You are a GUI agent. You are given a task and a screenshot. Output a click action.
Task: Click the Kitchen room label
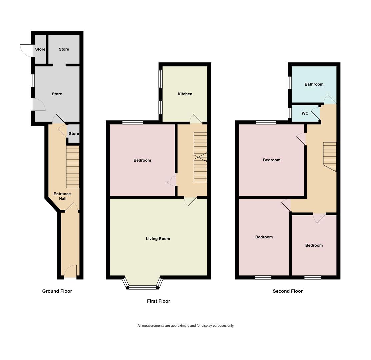pyautogui.click(x=185, y=94)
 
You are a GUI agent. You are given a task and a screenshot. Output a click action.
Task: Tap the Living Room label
pyautogui.click(x=158, y=239)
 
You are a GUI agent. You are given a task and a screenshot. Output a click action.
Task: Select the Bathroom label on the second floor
pyautogui.click(x=314, y=84)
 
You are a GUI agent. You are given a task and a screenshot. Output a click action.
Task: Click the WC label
pyautogui.click(x=305, y=113)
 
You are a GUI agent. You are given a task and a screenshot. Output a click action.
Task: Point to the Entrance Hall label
pyautogui.click(x=62, y=196)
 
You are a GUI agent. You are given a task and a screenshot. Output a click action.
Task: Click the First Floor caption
pyautogui.click(x=158, y=301)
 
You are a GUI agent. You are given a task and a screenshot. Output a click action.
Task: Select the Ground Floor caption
pyautogui.click(x=57, y=291)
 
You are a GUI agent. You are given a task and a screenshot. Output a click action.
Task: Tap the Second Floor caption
pyautogui.click(x=287, y=291)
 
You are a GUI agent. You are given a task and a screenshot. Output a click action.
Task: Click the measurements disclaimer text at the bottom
pyautogui.click(x=185, y=326)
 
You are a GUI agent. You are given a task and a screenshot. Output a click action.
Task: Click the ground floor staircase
pyautogui.click(x=73, y=167)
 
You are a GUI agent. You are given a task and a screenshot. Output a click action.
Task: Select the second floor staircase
pyautogui.click(x=330, y=156)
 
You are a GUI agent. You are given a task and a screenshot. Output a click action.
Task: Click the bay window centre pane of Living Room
pyautogui.click(x=142, y=287)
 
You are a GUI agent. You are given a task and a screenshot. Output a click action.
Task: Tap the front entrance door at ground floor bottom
pyautogui.click(x=71, y=271)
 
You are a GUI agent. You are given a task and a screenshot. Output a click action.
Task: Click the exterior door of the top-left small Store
pyautogui.click(x=26, y=50)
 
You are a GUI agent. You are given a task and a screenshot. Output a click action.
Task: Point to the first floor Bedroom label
pyautogui.click(x=142, y=160)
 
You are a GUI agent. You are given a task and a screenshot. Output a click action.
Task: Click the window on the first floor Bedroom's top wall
pyautogui.click(x=132, y=122)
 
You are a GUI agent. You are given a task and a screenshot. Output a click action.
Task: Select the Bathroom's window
pyautogui.click(x=290, y=83)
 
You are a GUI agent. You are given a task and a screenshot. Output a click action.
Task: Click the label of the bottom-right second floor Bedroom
pyautogui.click(x=314, y=245)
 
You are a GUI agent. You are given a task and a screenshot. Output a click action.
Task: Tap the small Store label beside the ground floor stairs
pyautogui.click(x=74, y=134)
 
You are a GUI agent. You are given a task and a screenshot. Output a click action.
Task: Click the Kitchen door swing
pyautogui.click(x=196, y=119)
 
